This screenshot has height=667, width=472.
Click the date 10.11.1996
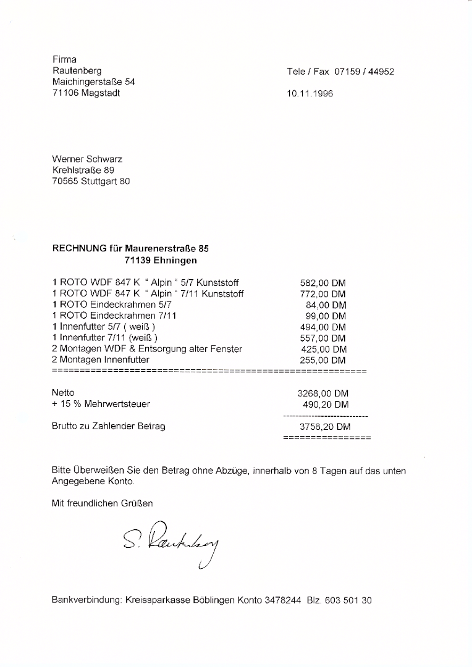[x=310, y=94]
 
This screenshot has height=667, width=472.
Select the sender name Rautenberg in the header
[x=77, y=71]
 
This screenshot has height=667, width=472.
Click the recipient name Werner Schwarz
[x=88, y=159]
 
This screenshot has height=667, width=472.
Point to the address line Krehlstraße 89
[x=83, y=170]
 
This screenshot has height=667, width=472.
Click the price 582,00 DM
[x=322, y=283]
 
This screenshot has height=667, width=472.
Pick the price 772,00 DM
[x=322, y=294]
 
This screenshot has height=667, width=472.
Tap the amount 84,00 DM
[x=326, y=305]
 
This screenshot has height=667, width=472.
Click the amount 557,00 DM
[x=322, y=338]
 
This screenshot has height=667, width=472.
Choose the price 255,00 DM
[x=322, y=361]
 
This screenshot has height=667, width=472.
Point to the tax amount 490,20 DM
[x=326, y=405]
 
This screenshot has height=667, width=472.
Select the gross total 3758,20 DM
[x=325, y=427]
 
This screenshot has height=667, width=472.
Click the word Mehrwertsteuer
[x=118, y=404]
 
